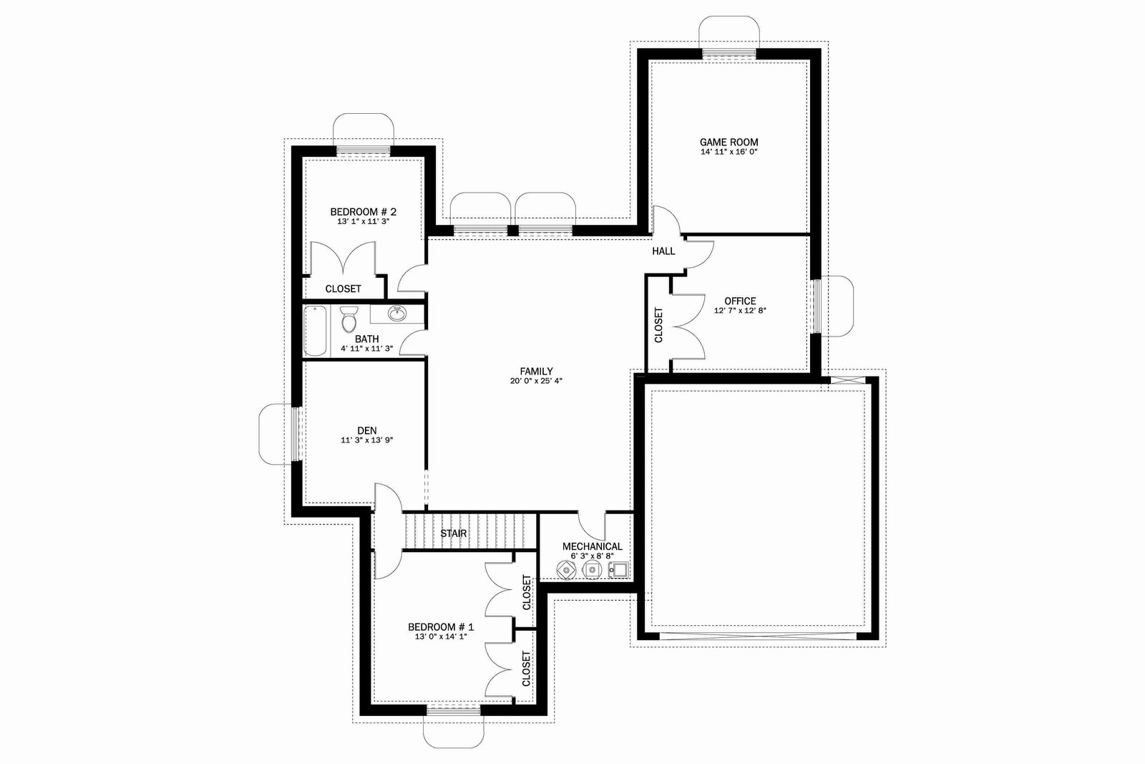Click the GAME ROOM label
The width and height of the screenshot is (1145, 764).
(729, 142)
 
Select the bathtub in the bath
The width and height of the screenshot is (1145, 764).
(316, 330)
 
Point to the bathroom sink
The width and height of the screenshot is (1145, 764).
(397, 313)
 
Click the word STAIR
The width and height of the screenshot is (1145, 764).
(454, 533)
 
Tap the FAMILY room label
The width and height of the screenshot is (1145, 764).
(536, 372)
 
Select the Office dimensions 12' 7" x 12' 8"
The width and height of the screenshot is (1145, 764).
(740, 311)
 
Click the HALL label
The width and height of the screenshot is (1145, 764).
(663, 251)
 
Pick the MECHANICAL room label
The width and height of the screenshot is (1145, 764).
(593, 546)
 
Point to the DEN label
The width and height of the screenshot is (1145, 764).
(367, 431)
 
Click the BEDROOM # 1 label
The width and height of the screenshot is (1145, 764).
(441, 627)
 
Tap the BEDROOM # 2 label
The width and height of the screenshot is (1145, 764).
(363, 212)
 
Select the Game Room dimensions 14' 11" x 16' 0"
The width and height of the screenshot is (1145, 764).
(729, 152)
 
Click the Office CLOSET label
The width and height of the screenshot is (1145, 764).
(658, 325)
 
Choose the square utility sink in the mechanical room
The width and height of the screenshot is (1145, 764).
(619, 570)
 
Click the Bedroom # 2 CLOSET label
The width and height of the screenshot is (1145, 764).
(343, 289)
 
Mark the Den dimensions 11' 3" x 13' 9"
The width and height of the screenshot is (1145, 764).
(367, 440)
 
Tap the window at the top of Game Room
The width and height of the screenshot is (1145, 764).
(729, 54)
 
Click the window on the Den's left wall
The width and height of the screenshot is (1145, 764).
(296, 434)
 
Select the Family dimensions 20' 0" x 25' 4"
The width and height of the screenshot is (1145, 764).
(536, 381)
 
